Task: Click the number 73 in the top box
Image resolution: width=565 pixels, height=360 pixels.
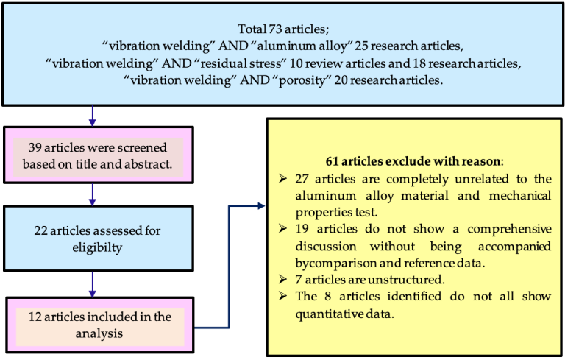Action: [x=275, y=29]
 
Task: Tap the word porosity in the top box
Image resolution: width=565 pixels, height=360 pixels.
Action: [x=305, y=80]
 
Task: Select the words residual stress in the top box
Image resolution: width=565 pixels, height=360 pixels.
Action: [x=241, y=63]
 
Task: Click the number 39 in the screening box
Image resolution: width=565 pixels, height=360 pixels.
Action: [x=35, y=147]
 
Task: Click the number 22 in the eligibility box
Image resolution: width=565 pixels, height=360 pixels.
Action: [x=40, y=230]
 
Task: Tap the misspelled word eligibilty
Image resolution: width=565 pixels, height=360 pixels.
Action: [x=97, y=248]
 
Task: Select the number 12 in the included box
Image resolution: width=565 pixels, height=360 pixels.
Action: [x=35, y=317]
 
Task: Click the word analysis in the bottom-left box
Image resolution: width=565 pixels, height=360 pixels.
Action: [x=99, y=333]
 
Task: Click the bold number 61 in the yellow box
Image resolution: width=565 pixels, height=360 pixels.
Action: [x=332, y=161]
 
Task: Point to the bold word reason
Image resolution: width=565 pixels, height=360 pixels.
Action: [x=480, y=161]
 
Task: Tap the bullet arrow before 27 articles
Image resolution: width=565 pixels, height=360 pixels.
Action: [x=282, y=178]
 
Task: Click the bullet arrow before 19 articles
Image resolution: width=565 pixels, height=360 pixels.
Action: [x=282, y=228]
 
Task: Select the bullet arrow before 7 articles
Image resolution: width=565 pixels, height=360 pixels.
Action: [x=282, y=279]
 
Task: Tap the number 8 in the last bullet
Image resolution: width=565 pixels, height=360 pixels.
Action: [x=327, y=297]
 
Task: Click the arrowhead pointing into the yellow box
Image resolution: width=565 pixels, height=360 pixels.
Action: [x=261, y=206]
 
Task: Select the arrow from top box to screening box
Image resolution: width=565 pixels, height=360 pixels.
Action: [x=92, y=116]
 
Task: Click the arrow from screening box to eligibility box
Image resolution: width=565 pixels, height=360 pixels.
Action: [x=92, y=195]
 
